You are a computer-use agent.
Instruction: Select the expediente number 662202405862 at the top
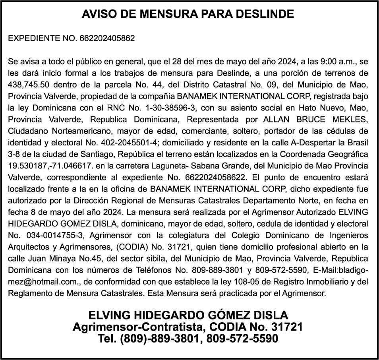107,39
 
